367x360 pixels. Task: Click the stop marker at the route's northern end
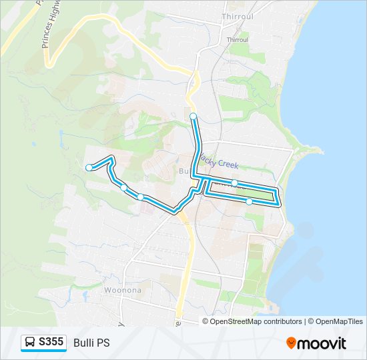[194, 117]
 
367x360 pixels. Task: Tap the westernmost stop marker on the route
[89, 167]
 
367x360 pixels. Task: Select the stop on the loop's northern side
[235, 183]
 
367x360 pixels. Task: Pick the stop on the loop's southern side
[249, 201]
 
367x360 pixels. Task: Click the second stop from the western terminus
[123, 187]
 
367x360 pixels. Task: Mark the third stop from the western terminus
[140, 197]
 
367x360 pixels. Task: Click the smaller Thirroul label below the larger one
[237, 40]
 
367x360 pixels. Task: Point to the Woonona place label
[122, 291]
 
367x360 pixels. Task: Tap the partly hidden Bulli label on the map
[185, 171]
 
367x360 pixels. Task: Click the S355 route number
[51, 343]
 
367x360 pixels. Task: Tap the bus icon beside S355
[31, 343]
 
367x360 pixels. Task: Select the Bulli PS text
[91, 343]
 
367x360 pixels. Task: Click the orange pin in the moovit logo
[292, 343]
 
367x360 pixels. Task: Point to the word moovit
[322, 343]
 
